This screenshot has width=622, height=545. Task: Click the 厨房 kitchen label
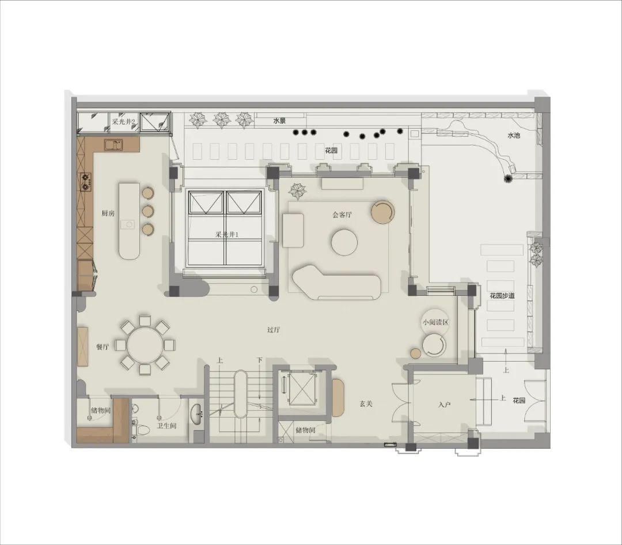[108, 213]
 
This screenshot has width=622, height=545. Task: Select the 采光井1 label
[227, 234]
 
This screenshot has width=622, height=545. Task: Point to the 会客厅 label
[342, 215]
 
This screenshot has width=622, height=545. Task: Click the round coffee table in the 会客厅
[344, 242]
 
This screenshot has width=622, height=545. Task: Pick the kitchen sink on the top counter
[114, 145]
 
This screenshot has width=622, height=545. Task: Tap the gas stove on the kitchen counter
[86, 182]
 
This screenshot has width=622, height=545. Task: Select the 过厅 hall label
[274, 330]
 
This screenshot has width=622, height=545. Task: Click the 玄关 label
[366, 404]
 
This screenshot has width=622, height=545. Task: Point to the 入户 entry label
[444, 405]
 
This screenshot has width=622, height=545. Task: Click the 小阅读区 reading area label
[435, 322]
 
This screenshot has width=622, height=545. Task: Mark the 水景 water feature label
[279, 121]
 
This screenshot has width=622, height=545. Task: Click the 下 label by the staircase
[259, 360]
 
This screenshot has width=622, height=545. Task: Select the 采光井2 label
[123, 122]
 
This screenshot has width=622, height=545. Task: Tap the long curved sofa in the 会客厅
[336, 283]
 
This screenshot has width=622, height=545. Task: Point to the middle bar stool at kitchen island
[148, 211]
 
